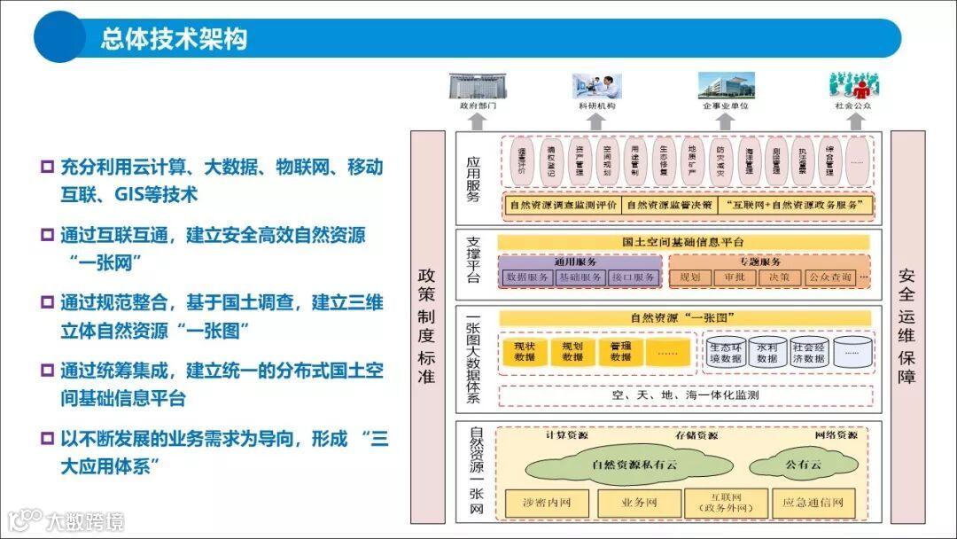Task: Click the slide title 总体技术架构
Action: pyautogui.click(x=174, y=39)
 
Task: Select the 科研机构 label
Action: pyautogui.click(x=596, y=105)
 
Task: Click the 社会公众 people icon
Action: pyautogui.click(x=853, y=85)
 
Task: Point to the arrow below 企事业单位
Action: pyautogui.click(x=727, y=120)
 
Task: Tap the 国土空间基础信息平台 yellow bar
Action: pyautogui.click(x=683, y=242)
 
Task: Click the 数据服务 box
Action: pyautogui.click(x=527, y=277)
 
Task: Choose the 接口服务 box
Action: pyautogui.click(x=634, y=277)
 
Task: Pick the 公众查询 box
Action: pyautogui.click(x=830, y=277)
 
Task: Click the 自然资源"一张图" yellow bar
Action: pyautogui.click(x=683, y=317)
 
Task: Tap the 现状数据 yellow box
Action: pyautogui.click(x=525, y=352)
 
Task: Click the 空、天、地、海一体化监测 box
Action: pyautogui.click(x=685, y=395)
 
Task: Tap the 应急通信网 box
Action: pyautogui.click(x=813, y=504)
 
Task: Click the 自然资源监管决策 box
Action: pyautogui.click(x=669, y=205)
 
